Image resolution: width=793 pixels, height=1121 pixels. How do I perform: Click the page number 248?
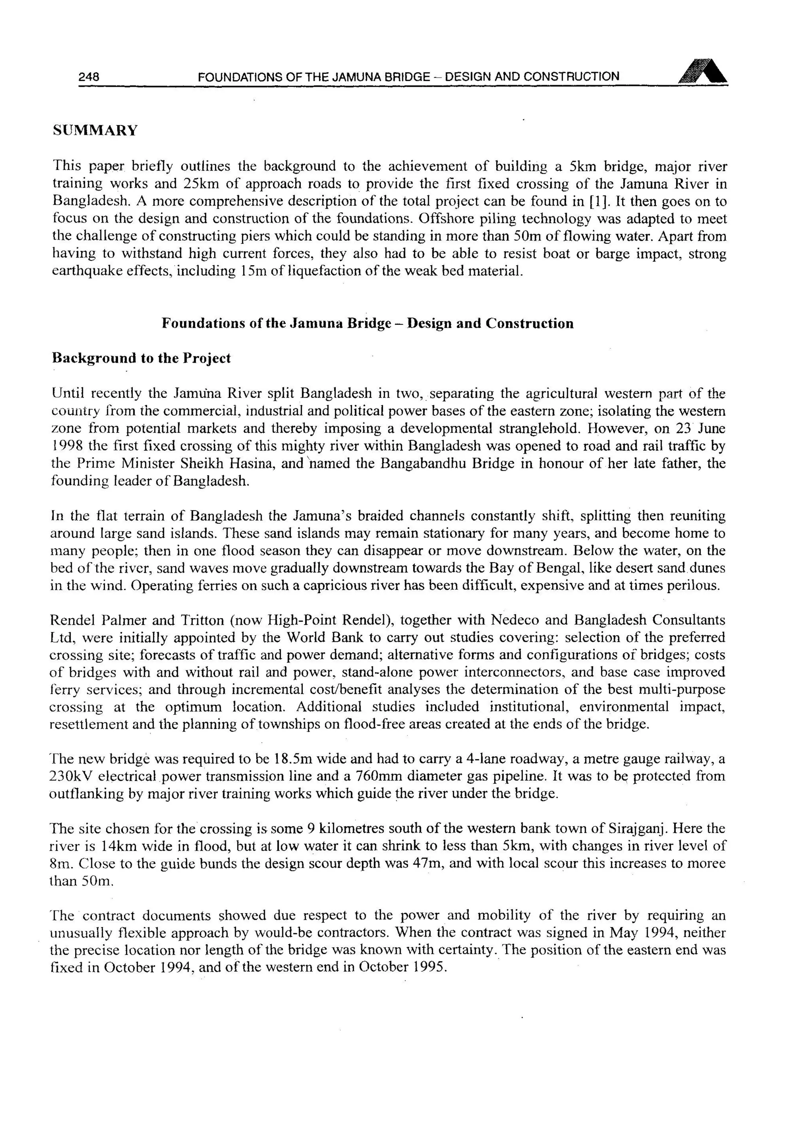[89, 77]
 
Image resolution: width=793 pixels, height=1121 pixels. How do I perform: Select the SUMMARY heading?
[95, 130]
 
